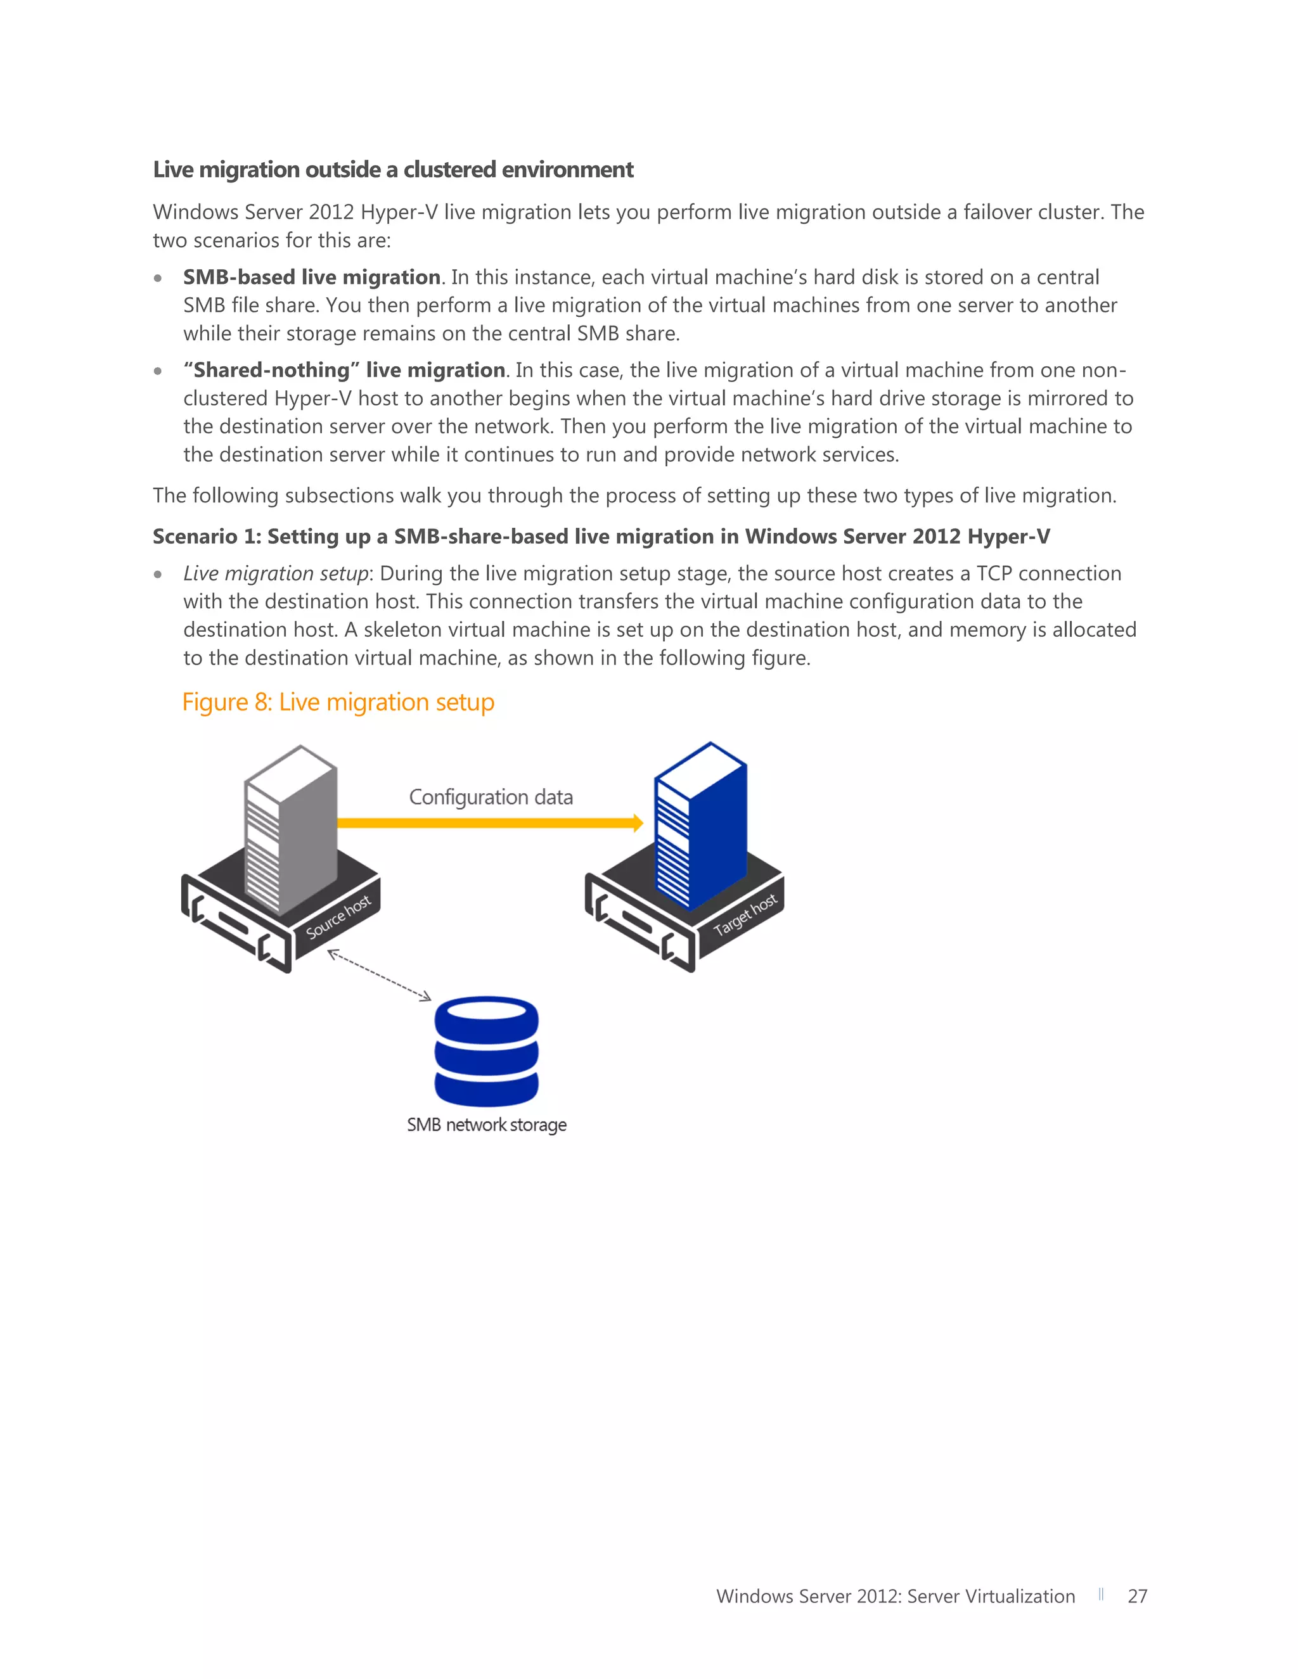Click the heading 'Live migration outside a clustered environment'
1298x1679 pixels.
click(x=393, y=170)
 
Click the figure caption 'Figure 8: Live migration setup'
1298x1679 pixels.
click(x=338, y=703)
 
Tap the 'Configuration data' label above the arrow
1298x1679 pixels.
click(x=491, y=797)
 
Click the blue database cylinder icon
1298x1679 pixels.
click(x=487, y=1051)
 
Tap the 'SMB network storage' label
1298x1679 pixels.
click(x=487, y=1125)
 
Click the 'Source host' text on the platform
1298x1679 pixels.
click(x=338, y=917)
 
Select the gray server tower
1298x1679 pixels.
click(x=291, y=830)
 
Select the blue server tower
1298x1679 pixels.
click(x=700, y=826)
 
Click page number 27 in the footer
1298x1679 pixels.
click(x=1137, y=1597)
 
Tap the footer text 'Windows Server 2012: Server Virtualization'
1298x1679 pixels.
click(x=895, y=1597)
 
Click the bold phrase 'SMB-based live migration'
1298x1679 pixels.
click(x=311, y=278)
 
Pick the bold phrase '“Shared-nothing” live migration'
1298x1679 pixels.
click(x=344, y=371)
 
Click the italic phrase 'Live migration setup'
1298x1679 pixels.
click(x=275, y=573)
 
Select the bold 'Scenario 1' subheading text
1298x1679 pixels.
click(x=601, y=537)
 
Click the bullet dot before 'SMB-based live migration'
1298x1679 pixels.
click(x=158, y=278)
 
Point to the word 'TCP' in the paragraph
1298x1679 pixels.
click(x=994, y=573)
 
